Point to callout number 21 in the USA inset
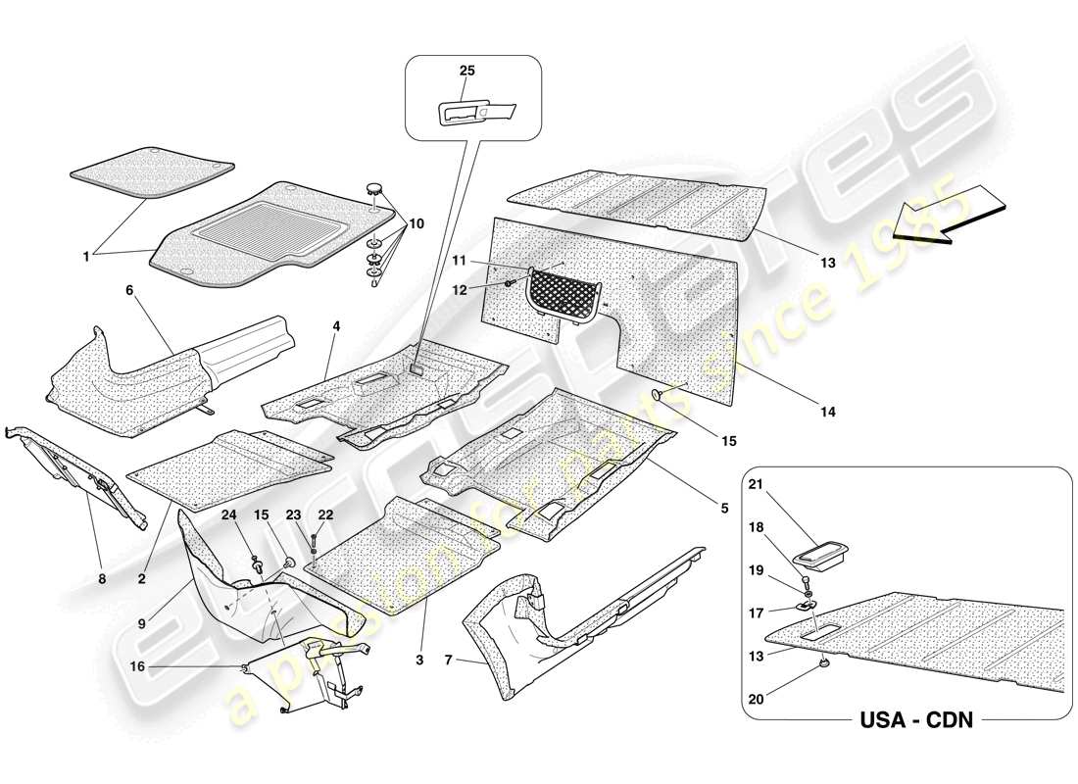click(782, 483)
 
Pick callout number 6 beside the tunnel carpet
click(128, 290)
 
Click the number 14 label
click(828, 413)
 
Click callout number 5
click(724, 508)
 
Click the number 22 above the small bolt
click(325, 514)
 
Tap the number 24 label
click(227, 514)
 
